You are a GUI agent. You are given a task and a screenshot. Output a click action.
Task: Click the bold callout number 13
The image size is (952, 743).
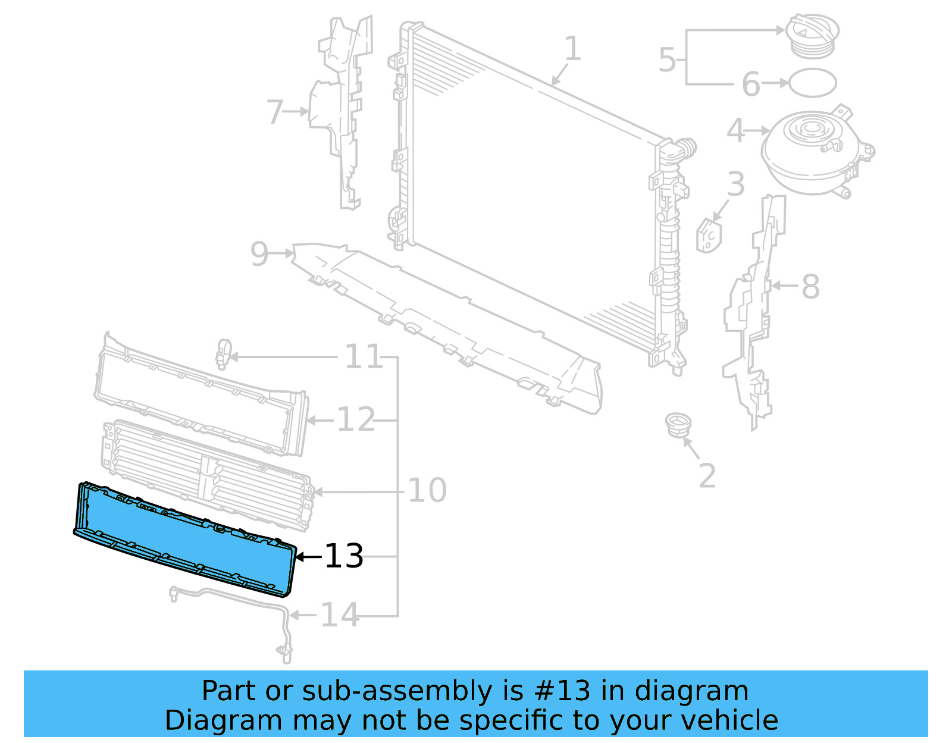tap(344, 557)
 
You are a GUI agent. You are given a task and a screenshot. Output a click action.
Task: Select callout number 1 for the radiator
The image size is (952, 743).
tap(572, 49)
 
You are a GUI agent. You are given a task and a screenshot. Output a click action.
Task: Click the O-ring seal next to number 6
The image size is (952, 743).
tap(812, 83)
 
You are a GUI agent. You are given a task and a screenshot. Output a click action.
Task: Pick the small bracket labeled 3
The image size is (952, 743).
tap(709, 234)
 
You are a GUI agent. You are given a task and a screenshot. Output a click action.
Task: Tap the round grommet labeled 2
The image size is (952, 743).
tap(678, 425)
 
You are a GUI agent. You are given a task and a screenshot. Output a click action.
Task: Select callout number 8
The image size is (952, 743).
tap(810, 287)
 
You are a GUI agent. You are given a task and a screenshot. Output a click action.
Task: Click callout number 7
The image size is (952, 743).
tap(274, 112)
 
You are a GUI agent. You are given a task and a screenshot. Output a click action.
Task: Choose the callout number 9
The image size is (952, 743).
tap(259, 254)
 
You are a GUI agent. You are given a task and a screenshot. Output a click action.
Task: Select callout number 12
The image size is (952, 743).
tap(356, 420)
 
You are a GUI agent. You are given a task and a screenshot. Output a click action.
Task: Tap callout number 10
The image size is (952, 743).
tap(427, 491)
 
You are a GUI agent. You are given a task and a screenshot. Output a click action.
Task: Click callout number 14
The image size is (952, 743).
tap(340, 615)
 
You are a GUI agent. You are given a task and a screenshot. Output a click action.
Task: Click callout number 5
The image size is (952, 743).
tap(667, 60)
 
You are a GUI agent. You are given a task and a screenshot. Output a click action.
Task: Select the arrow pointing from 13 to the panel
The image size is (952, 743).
tap(308, 557)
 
